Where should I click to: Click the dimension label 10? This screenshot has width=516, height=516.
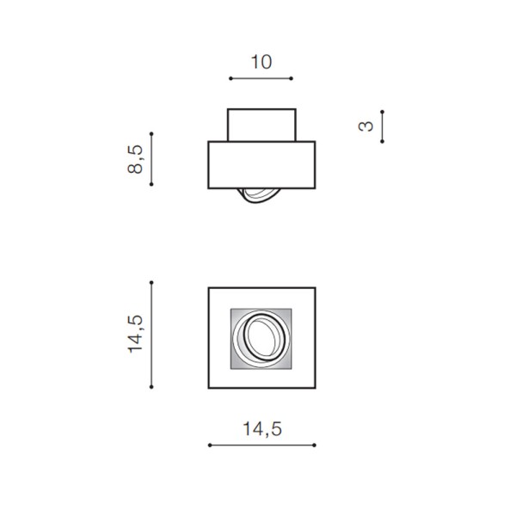click(x=261, y=62)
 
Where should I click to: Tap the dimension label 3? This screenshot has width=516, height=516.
click(x=366, y=126)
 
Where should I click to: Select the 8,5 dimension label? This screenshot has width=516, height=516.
click(x=135, y=159)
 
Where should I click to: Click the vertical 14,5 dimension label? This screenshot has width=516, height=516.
click(x=135, y=334)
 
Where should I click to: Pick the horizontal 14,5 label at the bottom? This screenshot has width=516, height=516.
click(x=262, y=429)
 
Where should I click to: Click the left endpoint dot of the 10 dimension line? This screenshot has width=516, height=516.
click(x=230, y=78)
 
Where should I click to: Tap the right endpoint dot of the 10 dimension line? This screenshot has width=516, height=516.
click(x=292, y=78)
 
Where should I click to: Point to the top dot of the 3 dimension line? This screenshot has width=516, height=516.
click(x=382, y=112)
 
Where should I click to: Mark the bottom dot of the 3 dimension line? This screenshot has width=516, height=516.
click(x=382, y=141)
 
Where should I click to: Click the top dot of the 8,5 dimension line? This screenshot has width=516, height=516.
click(x=151, y=134)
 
